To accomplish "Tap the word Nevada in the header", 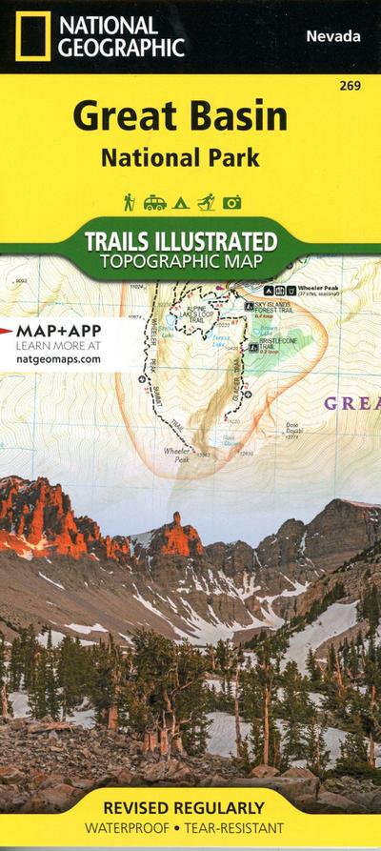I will point(333,36).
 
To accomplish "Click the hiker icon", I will point(130,202).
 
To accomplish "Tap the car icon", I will point(154,202).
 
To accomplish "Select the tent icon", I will point(180,202).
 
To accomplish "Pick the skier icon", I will point(206,202).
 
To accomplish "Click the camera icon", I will point(231,202).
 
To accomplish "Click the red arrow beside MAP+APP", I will point(9,329).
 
